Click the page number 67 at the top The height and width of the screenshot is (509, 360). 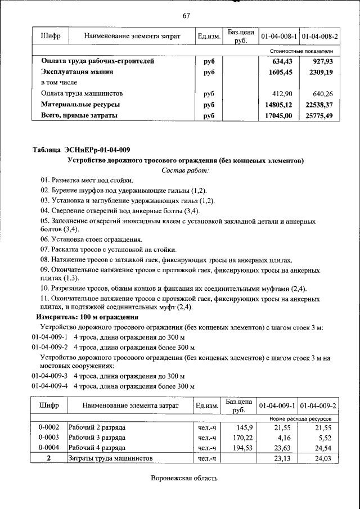coord(186,15)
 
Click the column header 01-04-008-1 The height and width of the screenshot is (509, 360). coord(278,36)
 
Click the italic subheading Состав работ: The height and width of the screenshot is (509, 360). coord(185,170)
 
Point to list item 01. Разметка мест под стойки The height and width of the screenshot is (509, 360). coord(87,180)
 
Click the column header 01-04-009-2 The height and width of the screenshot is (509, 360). coord(319,406)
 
